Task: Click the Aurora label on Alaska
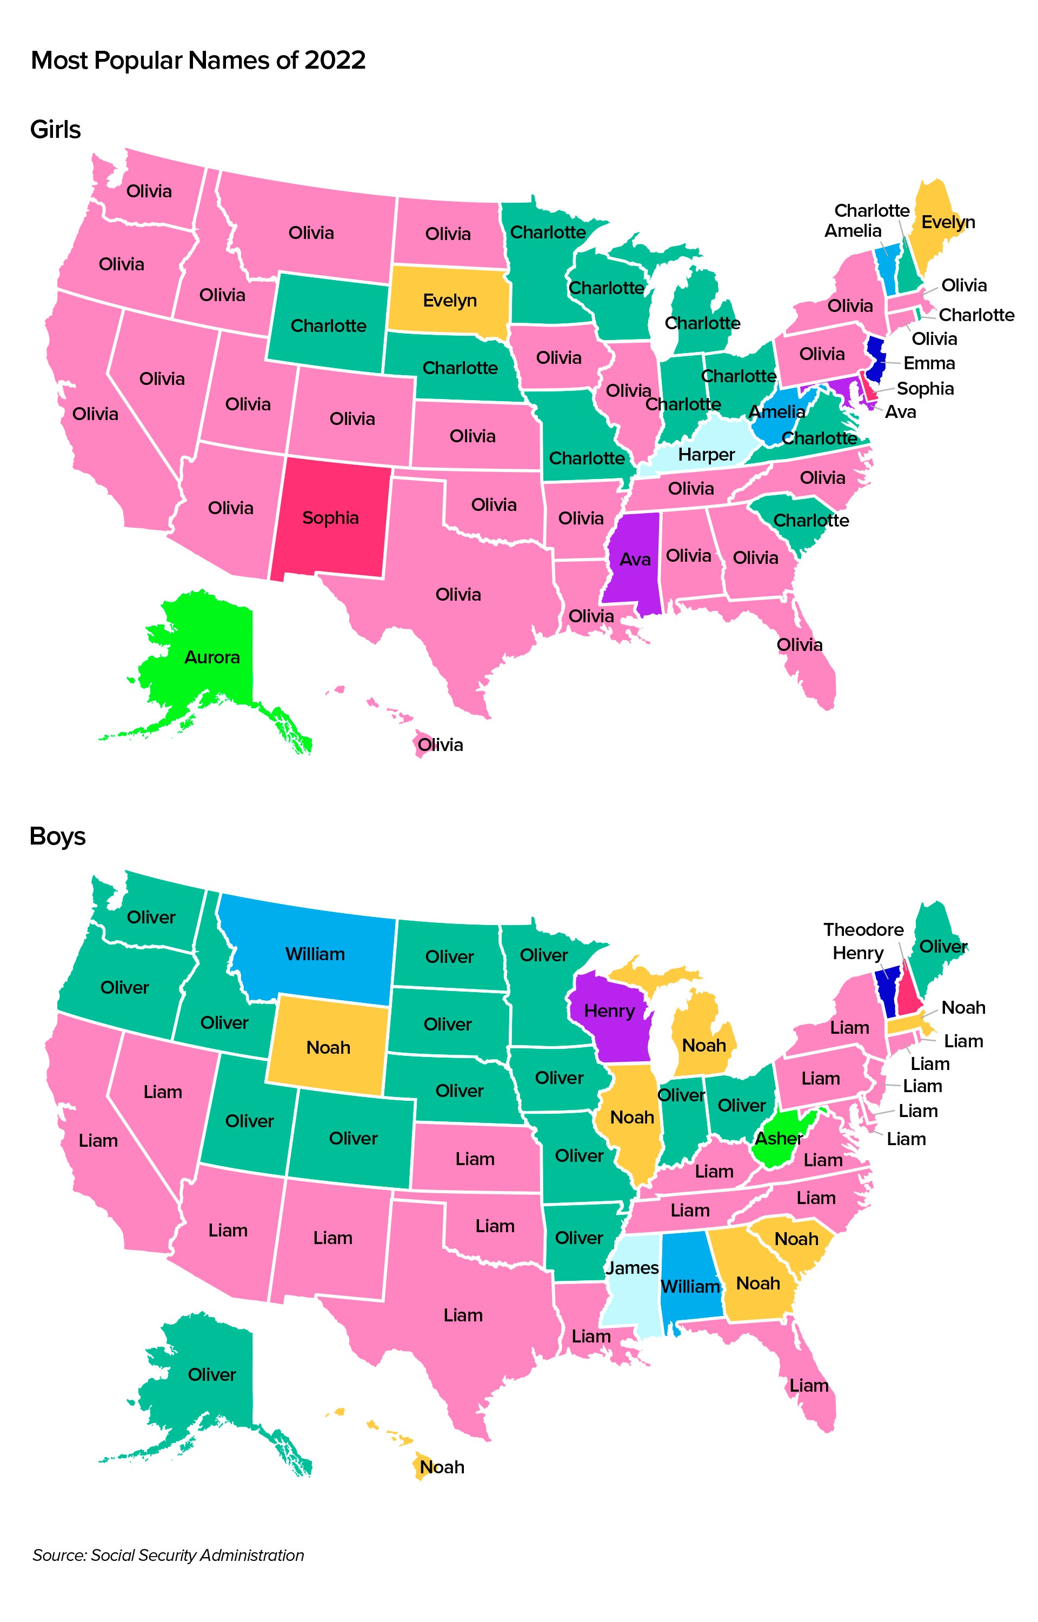pyautogui.click(x=212, y=657)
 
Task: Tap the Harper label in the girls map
pyautogui.click(x=707, y=455)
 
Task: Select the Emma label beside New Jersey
pyautogui.click(x=929, y=363)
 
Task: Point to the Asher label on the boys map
pyautogui.click(x=778, y=1138)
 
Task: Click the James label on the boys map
pyautogui.click(x=632, y=1267)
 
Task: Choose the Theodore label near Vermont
pyautogui.click(x=863, y=930)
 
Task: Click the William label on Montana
pyautogui.click(x=315, y=954)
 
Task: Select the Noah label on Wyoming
pyautogui.click(x=328, y=1047)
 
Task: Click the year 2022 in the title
pyautogui.click(x=335, y=61)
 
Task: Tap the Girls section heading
pyautogui.click(x=55, y=129)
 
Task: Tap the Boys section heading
pyautogui.click(x=58, y=836)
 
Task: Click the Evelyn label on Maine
pyautogui.click(x=948, y=222)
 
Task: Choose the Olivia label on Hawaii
pyautogui.click(x=440, y=744)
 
